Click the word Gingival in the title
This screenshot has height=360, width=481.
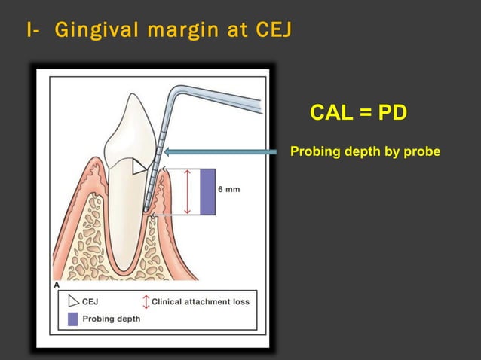[97, 31]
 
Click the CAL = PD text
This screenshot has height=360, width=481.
[358, 113]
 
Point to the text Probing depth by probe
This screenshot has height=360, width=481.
[365, 152]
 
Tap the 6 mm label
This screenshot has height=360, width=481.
[229, 189]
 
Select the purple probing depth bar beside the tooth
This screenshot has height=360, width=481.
[207, 192]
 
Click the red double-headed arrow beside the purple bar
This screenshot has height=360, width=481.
[188, 192]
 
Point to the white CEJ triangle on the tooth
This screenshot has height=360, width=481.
[139, 166]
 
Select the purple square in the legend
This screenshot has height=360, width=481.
[72, 319]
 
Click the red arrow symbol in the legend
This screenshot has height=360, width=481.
[146, 301]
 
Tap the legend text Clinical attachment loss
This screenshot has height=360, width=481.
[201, 301]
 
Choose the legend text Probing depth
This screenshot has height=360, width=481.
[111, 319]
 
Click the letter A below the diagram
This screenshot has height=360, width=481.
[57, 285]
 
